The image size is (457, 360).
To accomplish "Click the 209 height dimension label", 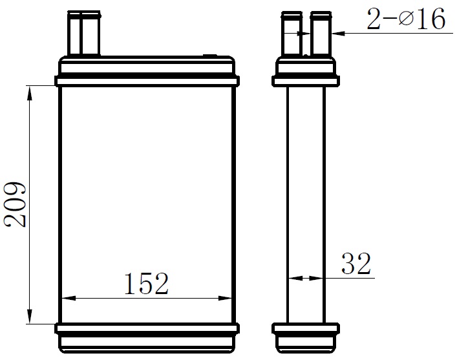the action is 15,204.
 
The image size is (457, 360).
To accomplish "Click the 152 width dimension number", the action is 146,283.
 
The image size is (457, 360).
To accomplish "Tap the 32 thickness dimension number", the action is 356,264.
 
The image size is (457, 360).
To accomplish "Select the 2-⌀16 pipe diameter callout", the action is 406,19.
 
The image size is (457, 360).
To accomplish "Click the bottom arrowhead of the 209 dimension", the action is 30,316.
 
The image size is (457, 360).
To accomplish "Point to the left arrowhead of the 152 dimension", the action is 69,298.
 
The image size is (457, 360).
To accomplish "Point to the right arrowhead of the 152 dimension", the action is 225,298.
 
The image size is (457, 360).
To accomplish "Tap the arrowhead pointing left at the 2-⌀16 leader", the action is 338,34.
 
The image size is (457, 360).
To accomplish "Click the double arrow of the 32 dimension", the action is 306,279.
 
